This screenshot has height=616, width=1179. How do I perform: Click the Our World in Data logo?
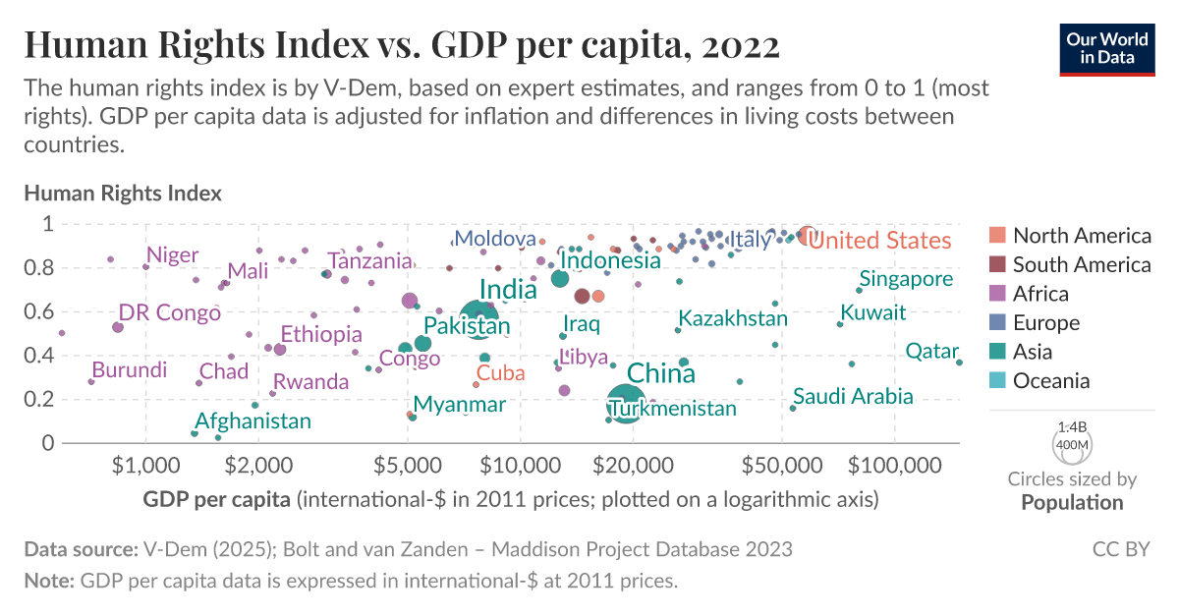pyautogui.click(x=1106, y=46)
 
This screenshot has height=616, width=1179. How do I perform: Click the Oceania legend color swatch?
pyautogui.click(x=997, y=381)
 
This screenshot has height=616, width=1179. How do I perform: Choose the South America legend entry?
pyautogui.click(x=1081, y=264)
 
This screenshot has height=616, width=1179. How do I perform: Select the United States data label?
pyautogui.click(x=880, y=241)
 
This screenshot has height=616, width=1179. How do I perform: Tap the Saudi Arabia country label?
pyautogui.click(x=853, y=397)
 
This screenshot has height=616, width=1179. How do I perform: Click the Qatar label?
pyautogui.click(x=931, y=351)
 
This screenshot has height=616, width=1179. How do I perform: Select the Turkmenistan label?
pyautogui.click(x=672, y=409)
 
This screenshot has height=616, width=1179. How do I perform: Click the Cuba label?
pyautogui.click(x=500, y=373)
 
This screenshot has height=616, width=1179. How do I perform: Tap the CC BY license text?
pyautogui.click(x=1121, y=549)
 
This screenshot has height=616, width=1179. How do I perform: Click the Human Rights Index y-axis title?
pyautogui.click(x=123, y=194)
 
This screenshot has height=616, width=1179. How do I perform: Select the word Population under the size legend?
pyautogui.click(x=1072, y=503)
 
